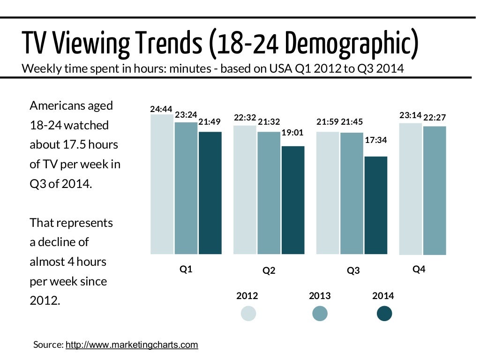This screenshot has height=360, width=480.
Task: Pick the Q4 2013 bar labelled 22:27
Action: coord(435,190)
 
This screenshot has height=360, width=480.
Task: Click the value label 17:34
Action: coord(376,140)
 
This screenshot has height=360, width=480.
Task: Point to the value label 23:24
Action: coord(186,114)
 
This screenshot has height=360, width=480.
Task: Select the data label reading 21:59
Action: coord(328,122)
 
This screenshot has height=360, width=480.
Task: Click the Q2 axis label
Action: coord(269,271)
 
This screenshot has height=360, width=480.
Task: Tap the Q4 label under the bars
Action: coord(419,270)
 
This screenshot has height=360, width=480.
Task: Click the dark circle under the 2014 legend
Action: coord(384,314)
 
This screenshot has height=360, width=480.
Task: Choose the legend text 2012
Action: coord(247,296)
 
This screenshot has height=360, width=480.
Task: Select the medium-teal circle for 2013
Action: coord(320,314)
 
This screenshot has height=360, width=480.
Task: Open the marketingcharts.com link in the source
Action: coord(132,345)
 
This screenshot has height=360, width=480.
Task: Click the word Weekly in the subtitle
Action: coord(39,69)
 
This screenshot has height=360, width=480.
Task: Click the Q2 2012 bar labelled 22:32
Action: coord(245,190)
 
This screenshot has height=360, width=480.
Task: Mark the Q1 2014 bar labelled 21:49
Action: coord(210,193)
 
